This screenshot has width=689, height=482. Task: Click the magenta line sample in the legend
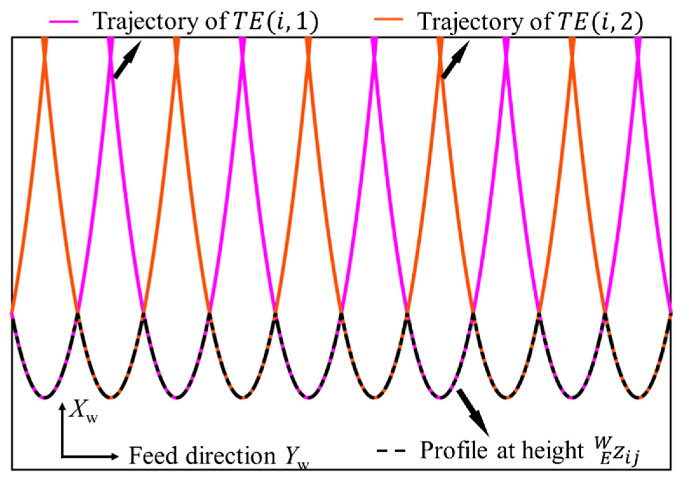click(64, 22)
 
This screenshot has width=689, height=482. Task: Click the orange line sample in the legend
click(388, 20)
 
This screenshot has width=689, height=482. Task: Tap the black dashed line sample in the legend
click(391, 451)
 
